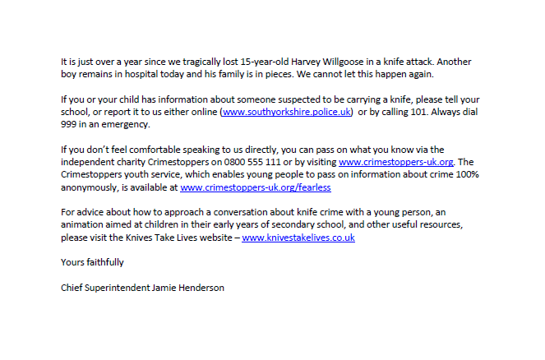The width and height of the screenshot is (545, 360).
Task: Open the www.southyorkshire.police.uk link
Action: [x=287, y=111]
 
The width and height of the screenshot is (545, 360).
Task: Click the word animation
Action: [x=85, y=224]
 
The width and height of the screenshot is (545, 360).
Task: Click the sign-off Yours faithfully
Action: [x=93, y=262]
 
